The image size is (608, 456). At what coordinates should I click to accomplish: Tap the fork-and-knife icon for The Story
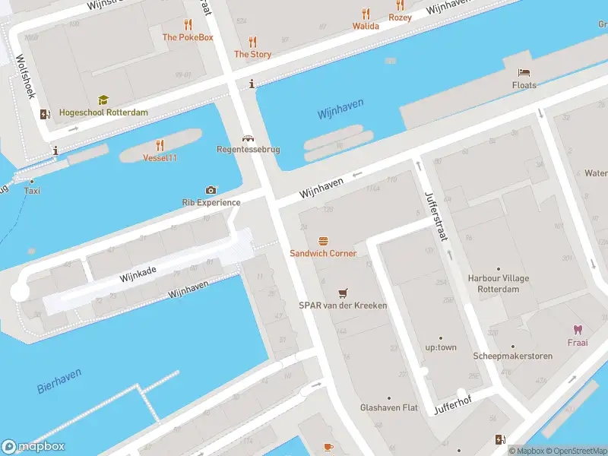pos(252,42)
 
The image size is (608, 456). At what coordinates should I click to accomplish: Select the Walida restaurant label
pos(366,26)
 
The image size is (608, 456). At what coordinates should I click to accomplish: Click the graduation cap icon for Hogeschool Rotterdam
pos(103,100)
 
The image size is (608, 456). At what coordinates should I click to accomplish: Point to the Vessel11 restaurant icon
pos(160,145)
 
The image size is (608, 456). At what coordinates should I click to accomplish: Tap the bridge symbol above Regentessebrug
pos(247,138)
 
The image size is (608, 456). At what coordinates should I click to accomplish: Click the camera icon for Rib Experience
pos(211,190)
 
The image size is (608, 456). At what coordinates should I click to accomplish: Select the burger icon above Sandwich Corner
pos(323,241)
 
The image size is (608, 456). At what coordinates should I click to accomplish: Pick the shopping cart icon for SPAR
pos(343,293)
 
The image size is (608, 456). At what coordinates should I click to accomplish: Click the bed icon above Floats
pos(524,73)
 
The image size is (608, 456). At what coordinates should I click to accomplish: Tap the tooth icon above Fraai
pos(577,330)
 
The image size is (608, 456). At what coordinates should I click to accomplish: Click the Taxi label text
pos(32,191)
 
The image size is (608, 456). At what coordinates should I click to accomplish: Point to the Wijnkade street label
pos(138,274)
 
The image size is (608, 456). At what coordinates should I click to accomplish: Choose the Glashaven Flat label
pos(389,407)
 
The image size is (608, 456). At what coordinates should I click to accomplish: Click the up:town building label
pos(441,347)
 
